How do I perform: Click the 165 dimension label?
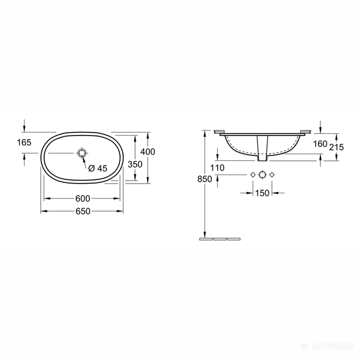point(24,143)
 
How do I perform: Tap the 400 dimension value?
point(148,152)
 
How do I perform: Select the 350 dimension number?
point(135,164)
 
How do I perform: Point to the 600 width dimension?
point(83,199)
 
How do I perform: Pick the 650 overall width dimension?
point(83,211)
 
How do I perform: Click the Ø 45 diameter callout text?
point(98,168)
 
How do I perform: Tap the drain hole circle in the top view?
point(82,152)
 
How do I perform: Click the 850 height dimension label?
point(205,179)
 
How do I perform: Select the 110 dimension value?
point(217,168)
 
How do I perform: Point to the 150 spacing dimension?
point(262,193)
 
